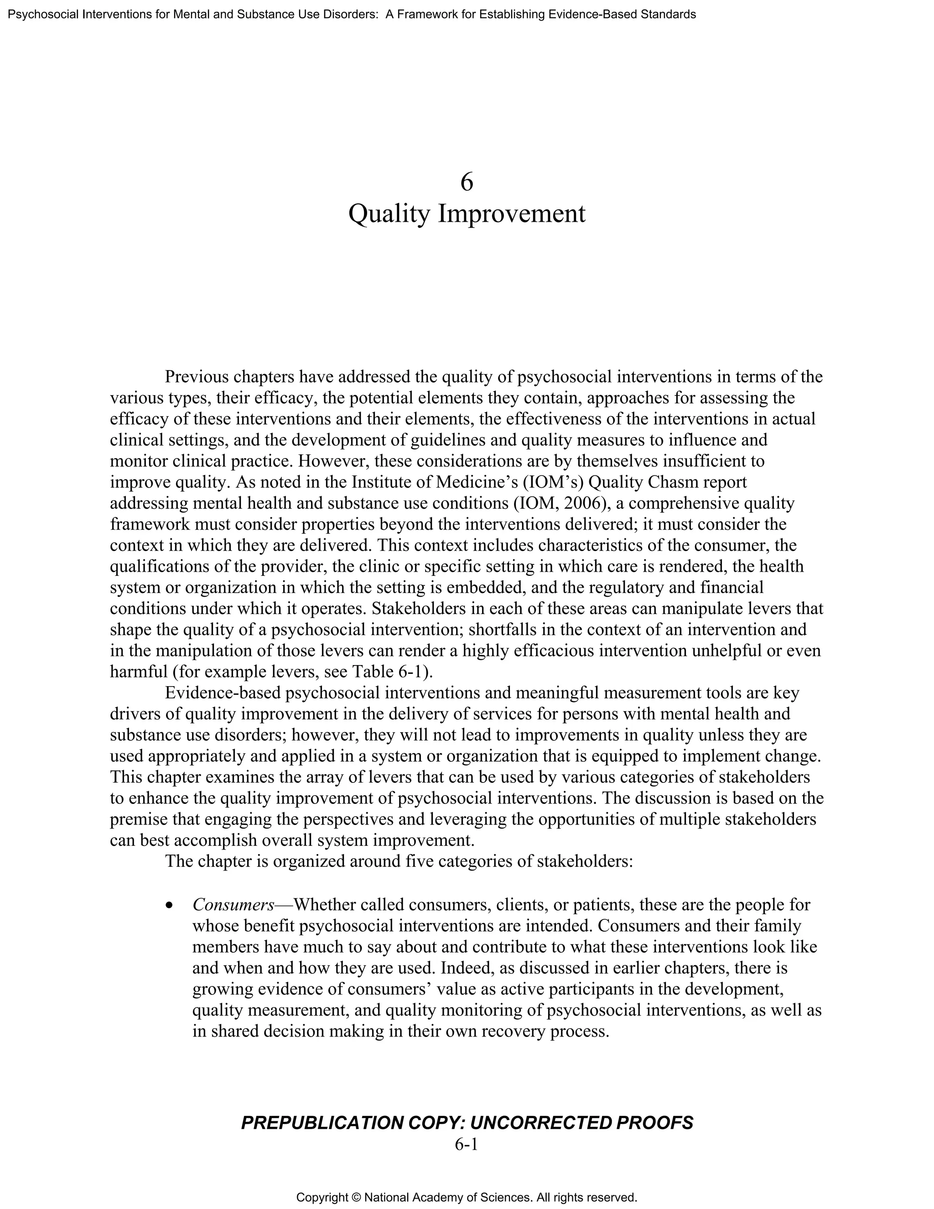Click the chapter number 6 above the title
coord(467,182)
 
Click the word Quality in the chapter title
coord(389,214)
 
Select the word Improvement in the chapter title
coord(511,214)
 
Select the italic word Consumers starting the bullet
coord(233,905)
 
